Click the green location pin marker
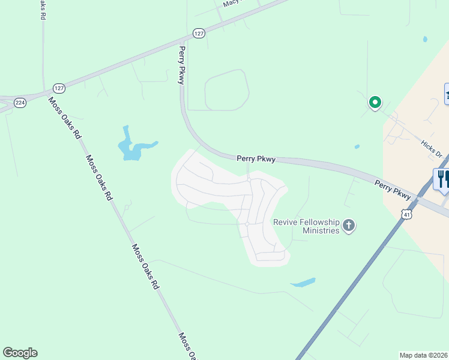(x=375, y=103)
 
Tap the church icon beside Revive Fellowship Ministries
(x=349, y=226)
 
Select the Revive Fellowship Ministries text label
(x=306, y=226)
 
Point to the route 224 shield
(x=20, y=103)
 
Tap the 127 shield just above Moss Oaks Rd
(x=58, y=88)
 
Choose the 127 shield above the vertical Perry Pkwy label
(x=199, y=33)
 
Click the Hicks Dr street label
(x=432, y=146)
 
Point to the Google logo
(x=20, y=353)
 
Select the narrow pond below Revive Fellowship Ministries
(x=303, y=283)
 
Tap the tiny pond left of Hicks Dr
(x=357, y=146)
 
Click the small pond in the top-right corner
(x=425, y=40)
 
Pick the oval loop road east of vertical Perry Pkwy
(x=227, y=90)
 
